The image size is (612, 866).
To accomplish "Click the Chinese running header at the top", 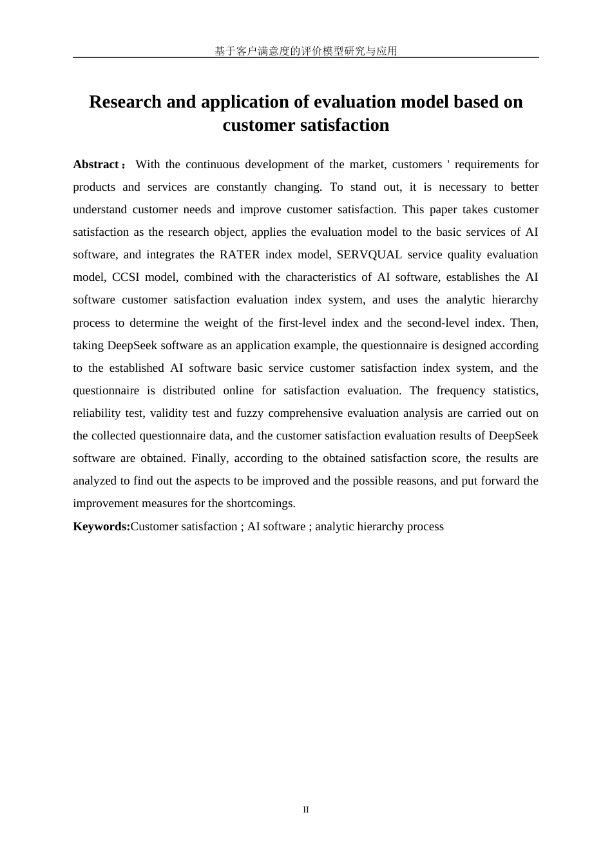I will pos(305,51).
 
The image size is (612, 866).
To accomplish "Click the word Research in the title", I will pos(125,102).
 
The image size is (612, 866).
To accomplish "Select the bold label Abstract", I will pos(96,164).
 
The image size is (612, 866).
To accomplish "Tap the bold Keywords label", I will pos(101,526).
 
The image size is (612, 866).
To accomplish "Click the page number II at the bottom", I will pos(306,809).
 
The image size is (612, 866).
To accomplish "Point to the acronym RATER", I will pos(240,255).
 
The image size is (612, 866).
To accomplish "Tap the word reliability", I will pos(97,413).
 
